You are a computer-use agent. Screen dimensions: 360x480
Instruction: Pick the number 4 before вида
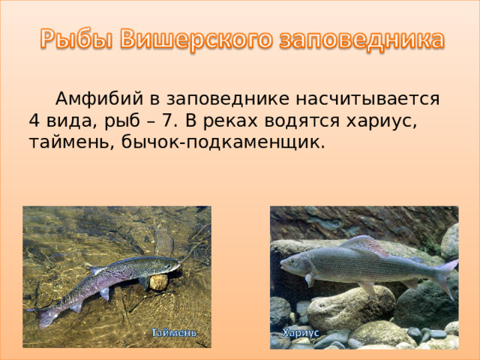click(34, 121)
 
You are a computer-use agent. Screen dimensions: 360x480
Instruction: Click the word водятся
click(302, 121)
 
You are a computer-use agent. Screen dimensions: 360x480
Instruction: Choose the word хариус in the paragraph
click(378, 121)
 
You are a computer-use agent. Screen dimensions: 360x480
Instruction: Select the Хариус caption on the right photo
click(301, 331)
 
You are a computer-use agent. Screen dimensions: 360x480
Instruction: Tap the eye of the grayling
click(289, 262)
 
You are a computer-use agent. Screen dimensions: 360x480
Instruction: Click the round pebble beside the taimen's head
click(158, 282)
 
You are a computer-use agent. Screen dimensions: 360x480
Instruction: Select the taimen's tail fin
click(43, 314)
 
